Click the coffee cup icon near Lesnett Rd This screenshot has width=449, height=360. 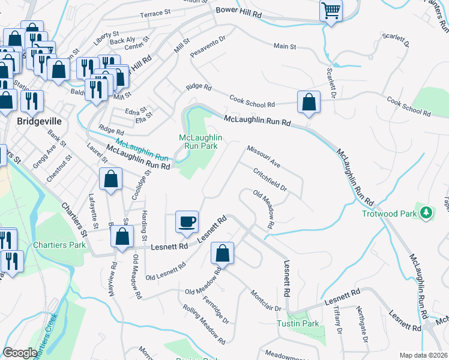pos(187,221)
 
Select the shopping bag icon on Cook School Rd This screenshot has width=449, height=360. pos(309,103)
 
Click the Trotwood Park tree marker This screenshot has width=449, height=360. pos(426,212)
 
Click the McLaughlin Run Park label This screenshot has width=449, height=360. pos(200,142)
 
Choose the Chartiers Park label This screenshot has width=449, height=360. pos(59,245)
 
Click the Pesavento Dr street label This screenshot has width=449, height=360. pos(207,47)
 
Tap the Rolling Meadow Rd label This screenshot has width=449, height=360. pos(205,325)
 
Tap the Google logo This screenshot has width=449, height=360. pos(20,353)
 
